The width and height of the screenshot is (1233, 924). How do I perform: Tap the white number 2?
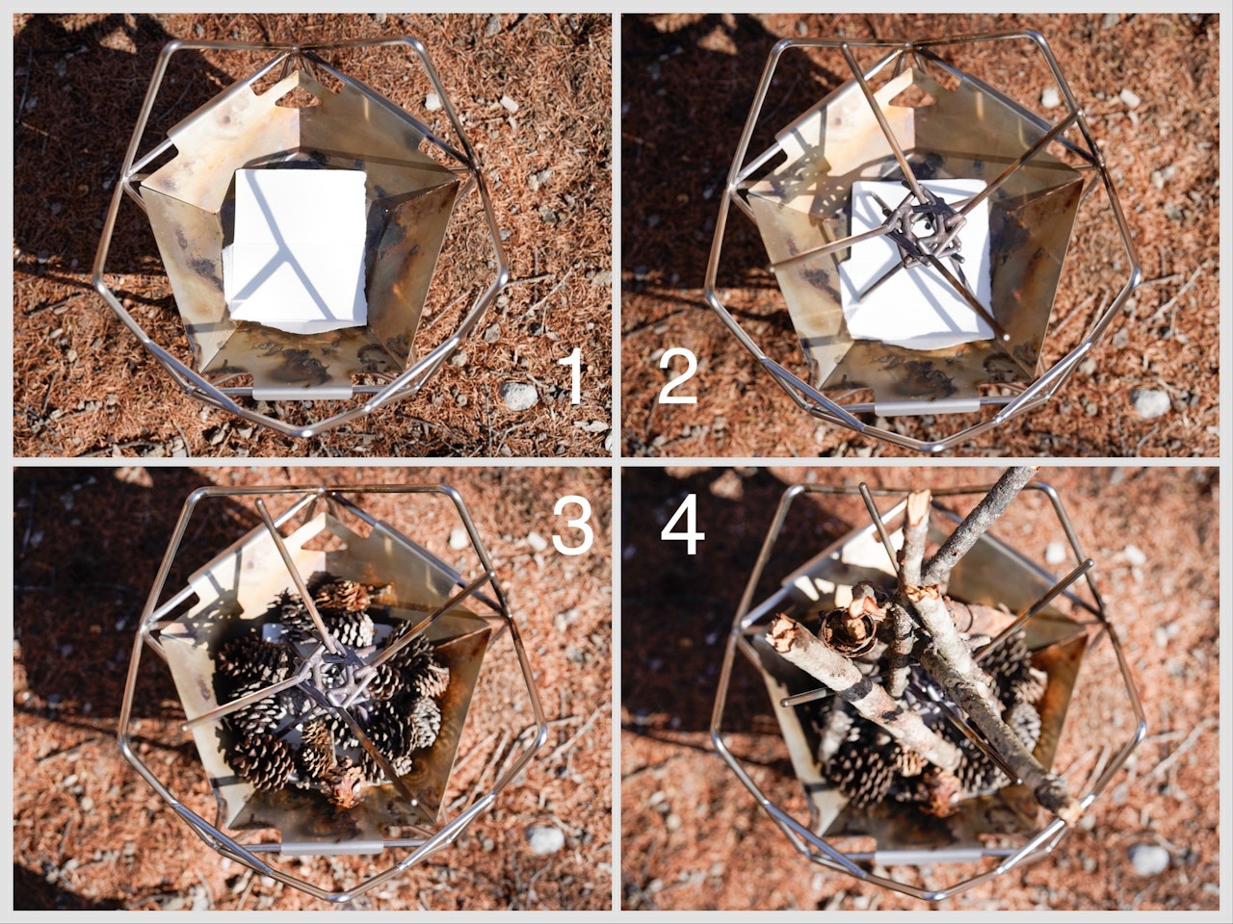[x=678, y=375]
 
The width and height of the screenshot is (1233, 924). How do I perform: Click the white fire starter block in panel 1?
[x=296, y=251]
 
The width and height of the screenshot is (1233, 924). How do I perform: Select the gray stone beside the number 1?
[x=518, y=396]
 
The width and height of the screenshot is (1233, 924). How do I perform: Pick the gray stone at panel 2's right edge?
[x=1150, y=403]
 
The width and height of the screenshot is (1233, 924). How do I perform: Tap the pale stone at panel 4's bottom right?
[x=1149, y=860]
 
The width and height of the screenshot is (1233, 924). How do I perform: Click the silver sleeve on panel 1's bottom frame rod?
[x=302, y=392]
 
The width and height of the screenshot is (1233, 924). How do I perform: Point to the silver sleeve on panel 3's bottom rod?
[x=332, y=847]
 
